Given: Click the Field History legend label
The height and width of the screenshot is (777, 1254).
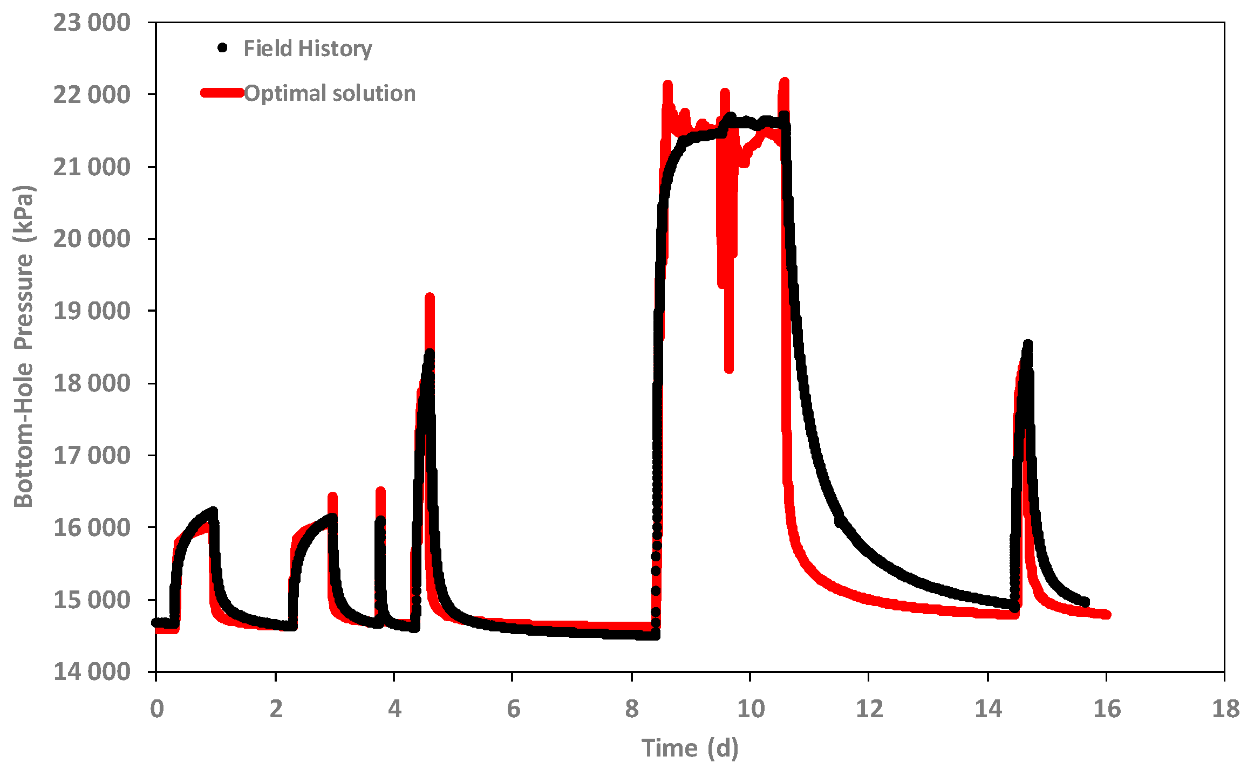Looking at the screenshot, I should (x=308, y=49).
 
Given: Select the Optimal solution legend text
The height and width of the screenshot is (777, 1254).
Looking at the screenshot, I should (x=330, y=93).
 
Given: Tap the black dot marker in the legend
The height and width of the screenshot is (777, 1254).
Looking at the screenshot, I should (x=222, y=48).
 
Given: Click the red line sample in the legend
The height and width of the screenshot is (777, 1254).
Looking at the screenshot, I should (x=222, y=93).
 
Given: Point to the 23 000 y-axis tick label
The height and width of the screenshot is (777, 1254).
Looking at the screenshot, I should (x=92, y=23).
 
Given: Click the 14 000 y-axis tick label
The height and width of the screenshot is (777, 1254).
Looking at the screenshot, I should (x=92, y=672).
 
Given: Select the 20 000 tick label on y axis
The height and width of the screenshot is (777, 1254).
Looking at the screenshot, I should (x=92, y=238).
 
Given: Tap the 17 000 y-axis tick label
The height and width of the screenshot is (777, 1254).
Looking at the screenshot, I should (x=92, y=456).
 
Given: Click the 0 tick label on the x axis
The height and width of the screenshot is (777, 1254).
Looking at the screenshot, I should (x=156, y=709).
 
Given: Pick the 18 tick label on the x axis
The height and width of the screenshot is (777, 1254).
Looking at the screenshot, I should (x=1225, y=709).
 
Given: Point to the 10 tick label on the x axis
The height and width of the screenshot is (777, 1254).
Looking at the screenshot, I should (x=751, y=709).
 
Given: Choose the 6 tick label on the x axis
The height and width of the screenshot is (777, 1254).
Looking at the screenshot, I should (x=513, y=709).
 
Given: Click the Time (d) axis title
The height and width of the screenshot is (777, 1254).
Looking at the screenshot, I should (x=690, y=748).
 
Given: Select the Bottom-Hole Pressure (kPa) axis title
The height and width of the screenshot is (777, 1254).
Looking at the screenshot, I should (x=24, y=346).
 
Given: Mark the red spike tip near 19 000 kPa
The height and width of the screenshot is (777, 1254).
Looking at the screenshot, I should (x=430, y=297).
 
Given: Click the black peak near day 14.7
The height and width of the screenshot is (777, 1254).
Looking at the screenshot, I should (x=1027, y=343).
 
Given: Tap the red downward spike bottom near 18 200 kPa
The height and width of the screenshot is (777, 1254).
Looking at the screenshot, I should (x=729, y=369).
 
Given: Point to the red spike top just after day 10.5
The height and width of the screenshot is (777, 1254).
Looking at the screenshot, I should (x=785, y=82).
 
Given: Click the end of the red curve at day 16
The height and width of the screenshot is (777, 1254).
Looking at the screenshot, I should (x=1106, y=615).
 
